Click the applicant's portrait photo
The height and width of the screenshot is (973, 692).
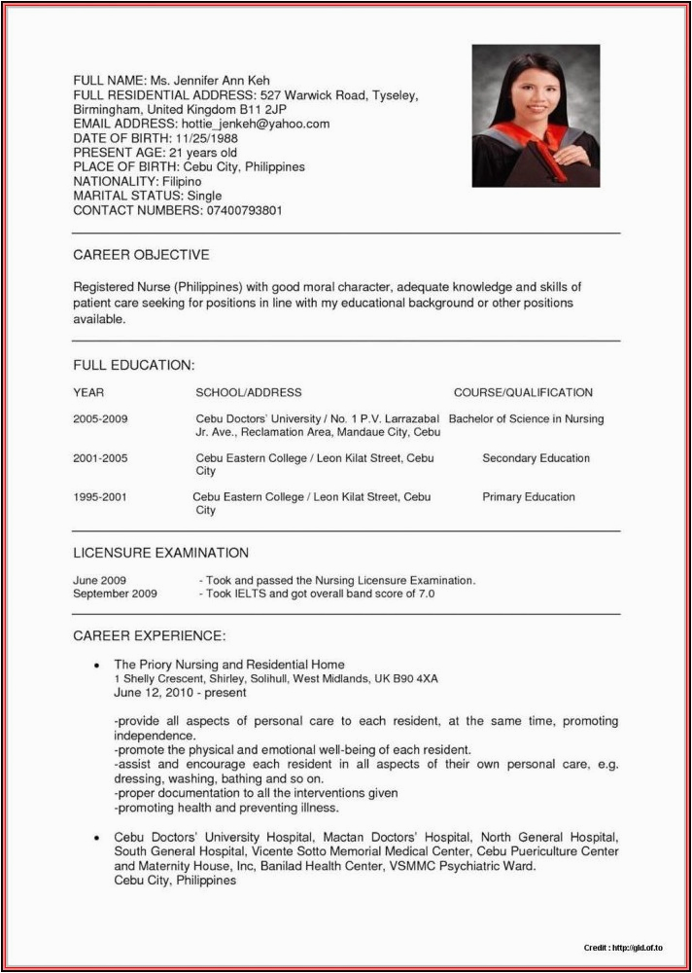(536, 116)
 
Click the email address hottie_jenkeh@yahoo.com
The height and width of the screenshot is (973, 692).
(255, 124)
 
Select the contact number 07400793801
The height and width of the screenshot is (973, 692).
(242, 210)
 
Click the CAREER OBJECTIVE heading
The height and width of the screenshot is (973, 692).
(141, 255)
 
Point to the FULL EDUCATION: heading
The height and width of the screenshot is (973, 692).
(134, 365)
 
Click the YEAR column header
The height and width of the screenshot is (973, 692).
(88, 393)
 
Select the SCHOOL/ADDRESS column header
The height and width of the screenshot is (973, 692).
(249, 393)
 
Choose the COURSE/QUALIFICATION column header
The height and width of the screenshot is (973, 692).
(523, 393)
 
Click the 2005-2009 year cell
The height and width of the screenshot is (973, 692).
(100, 419)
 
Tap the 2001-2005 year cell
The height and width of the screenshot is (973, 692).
(100, 458)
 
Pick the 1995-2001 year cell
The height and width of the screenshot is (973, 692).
(100, 497)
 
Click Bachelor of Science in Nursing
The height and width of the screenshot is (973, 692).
(527, 419)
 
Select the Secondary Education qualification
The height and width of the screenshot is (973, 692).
(536, 458)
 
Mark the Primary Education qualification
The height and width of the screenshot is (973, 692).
(529, 497)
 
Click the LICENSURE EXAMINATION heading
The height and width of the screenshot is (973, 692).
(161, 553)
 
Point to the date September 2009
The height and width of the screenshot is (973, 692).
(115, 594)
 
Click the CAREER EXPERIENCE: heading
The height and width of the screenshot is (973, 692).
(150, 636)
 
